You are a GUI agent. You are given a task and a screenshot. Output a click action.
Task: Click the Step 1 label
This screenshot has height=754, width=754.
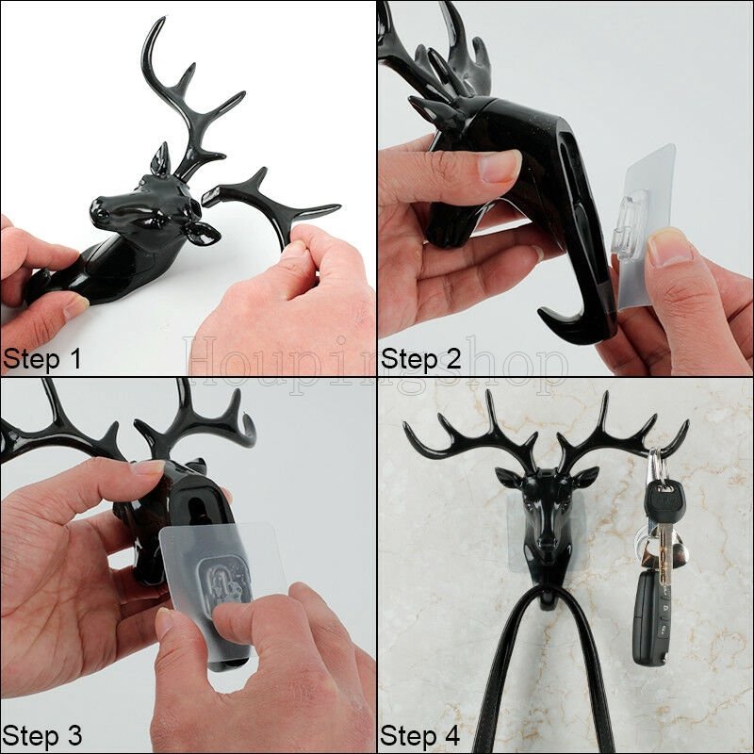click(x=41, y=359)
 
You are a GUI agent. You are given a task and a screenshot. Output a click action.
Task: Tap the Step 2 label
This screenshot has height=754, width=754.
click(x=421, y=359)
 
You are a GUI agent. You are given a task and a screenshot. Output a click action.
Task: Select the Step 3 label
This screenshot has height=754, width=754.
click(x=41, y=736)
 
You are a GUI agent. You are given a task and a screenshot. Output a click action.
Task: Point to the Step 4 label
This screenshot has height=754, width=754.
click(x=419, y=736)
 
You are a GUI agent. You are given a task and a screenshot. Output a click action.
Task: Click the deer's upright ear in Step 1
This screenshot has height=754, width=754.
click(x=161, y=157)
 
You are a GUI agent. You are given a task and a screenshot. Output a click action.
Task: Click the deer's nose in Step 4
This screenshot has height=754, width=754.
click(x=547, y=544)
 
